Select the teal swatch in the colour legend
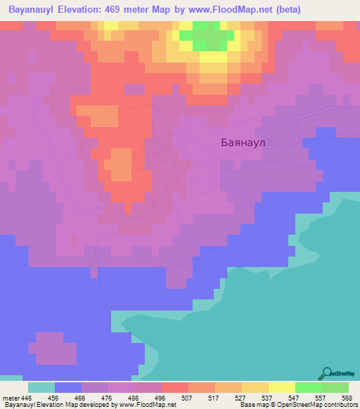[x=41, y=387]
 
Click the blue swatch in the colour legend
[x=68, y=387]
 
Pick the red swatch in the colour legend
[x=175, y=387]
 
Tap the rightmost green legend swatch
[x=335, y=387]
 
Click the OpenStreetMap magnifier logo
[x=326, y=374]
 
